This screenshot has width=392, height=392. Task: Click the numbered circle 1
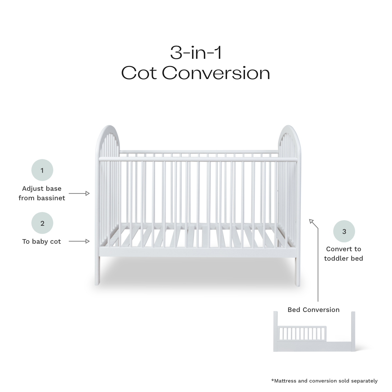[x=42, y=170]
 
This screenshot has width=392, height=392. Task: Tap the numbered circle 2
[x=42, y=223]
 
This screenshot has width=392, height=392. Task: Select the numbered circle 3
[x=344, y=232]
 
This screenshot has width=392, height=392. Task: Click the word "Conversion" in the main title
[x=216, y=73]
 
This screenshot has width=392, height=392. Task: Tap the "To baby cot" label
[x=41, y=241]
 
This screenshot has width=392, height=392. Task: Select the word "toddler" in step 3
[x=336, y=258]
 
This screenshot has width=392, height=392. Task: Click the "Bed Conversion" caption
[x=313, y=310]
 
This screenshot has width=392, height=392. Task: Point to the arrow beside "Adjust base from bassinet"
[x=79, y=193]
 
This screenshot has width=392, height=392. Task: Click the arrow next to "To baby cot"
[x=79, y=241]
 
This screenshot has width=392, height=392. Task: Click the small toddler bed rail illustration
[x=302, y=333]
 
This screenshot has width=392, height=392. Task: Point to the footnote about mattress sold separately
[x=324, y=381]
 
